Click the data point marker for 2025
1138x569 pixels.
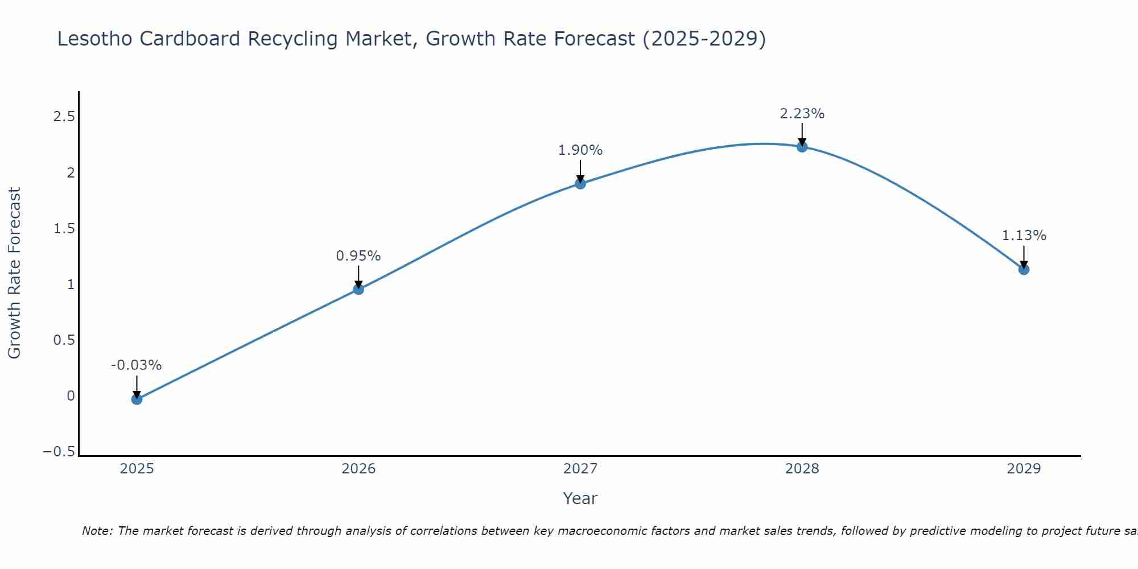137,399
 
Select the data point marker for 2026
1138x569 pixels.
358,289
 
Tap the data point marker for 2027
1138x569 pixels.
580,183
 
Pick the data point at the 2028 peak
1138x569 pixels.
802,147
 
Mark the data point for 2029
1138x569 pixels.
1024,269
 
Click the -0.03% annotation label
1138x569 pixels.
136,365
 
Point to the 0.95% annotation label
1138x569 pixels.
358,256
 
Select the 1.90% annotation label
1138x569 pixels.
580,150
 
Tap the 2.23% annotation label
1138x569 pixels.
802,114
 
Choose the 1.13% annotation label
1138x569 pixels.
1024,236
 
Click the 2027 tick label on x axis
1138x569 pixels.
580,469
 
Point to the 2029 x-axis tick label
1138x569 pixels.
1024,469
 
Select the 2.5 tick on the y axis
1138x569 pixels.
64,117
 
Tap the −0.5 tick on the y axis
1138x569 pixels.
59,452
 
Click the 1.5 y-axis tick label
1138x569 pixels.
64,229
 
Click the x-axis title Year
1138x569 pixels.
580,498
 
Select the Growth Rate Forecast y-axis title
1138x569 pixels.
15,273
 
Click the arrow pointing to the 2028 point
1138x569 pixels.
802,135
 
